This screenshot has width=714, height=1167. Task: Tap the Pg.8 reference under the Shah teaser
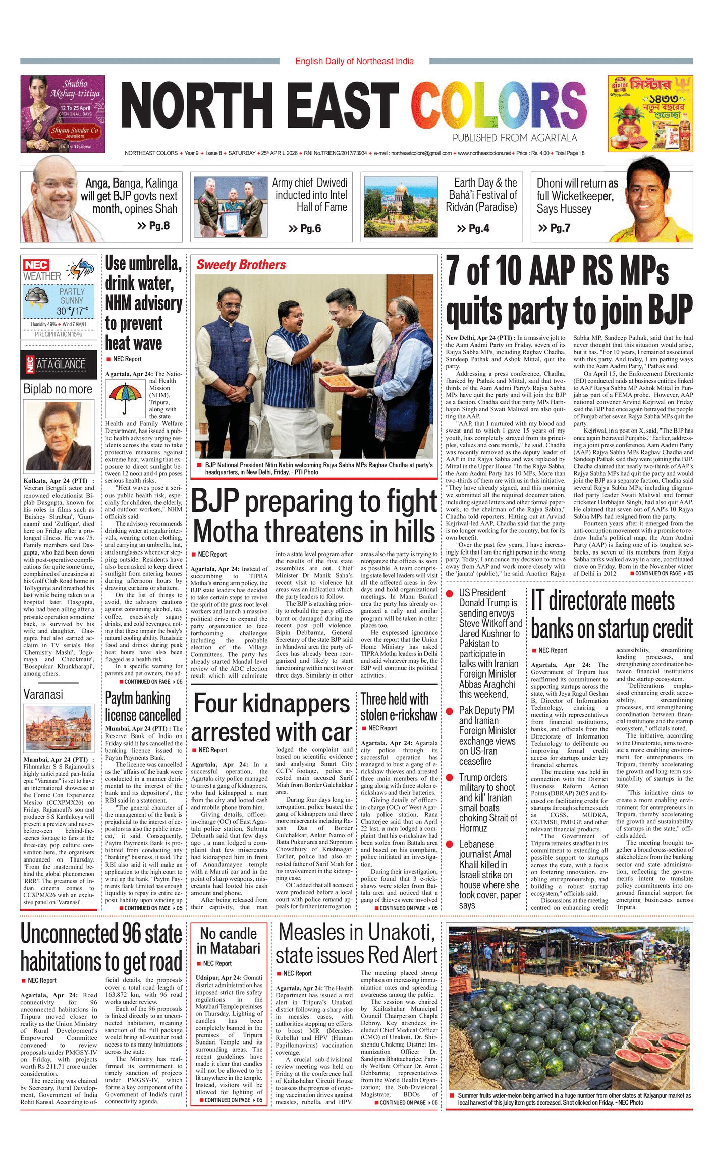tap(153, 226)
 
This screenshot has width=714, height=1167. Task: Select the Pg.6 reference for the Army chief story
tap(305, 229)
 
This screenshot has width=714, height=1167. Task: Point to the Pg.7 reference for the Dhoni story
tap(554, 228)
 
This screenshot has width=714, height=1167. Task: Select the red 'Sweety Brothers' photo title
tap(241, 265)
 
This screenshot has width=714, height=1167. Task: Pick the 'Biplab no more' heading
tap(58, 389)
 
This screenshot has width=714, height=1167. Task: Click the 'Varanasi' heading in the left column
tap(43, 694)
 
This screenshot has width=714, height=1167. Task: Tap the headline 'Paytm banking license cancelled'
tap(143, 707)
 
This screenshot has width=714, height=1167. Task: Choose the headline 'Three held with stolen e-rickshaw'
tap(399, 707)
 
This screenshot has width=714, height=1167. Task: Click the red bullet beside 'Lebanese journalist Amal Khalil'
tap(450, 844)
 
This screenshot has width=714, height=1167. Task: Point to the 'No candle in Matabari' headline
tap(229, 941)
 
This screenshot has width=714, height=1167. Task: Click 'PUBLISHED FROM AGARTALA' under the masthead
tap(514, 138)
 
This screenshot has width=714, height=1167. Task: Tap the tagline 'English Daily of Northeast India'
tap(354, 61)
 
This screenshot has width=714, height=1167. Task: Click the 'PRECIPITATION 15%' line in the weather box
tap(58, 334)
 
